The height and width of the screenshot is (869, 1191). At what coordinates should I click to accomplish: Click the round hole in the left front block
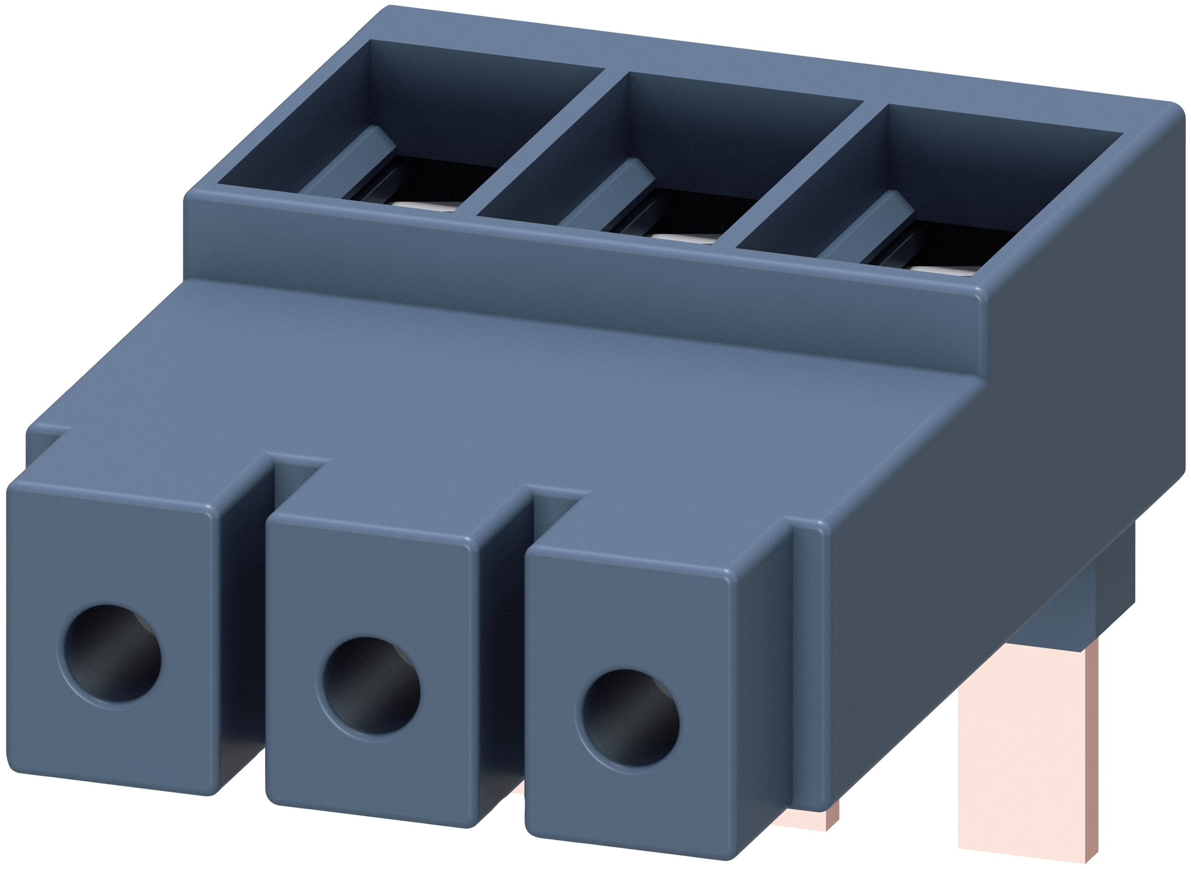point(112,653)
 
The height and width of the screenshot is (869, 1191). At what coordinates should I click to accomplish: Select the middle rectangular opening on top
point(679,153)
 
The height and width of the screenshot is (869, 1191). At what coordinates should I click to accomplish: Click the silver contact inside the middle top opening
point(684,238)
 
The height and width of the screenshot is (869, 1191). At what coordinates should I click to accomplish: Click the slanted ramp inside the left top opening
point(347,163)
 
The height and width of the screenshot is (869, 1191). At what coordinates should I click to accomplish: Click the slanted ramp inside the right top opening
point(868,226)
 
